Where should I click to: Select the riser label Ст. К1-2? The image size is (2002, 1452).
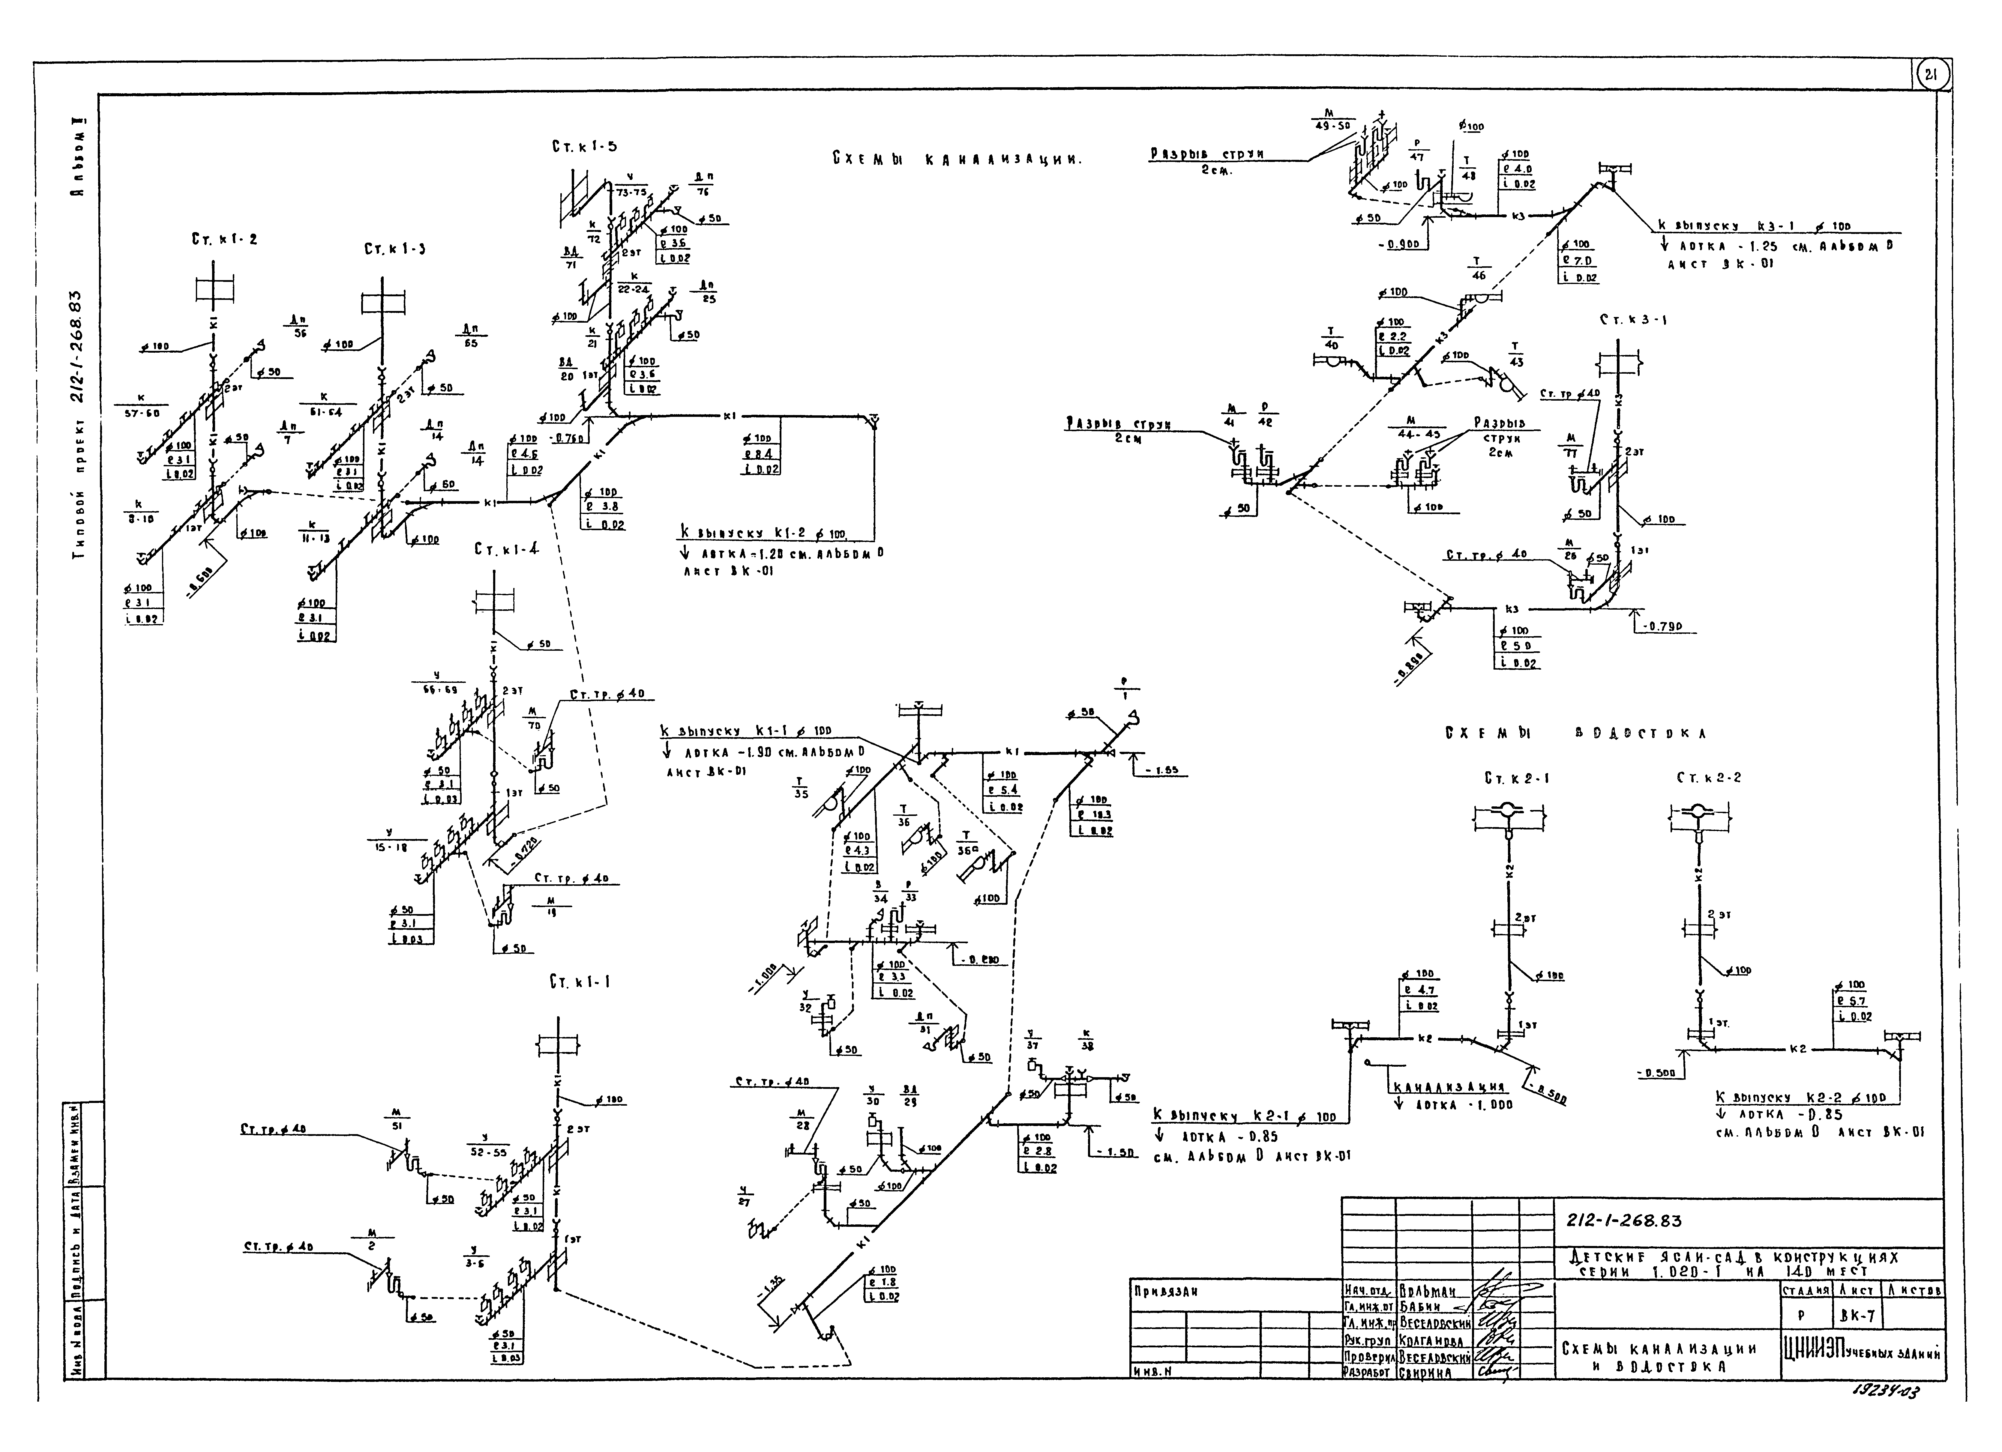tap(224, 239)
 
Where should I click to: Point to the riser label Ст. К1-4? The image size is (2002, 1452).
tap(506, 549)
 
